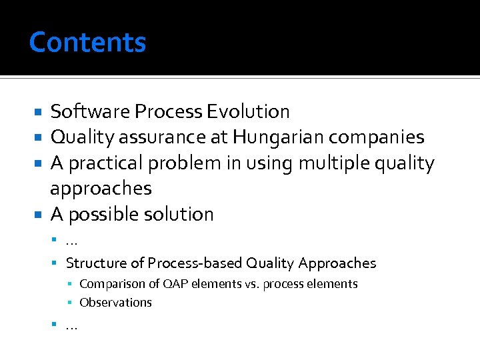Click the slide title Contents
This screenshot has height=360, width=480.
pyautogui.click(x=87, y=43)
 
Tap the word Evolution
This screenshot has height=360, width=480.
pyautogui.click(x=248, y=111)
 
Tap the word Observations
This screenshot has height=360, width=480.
pyautogui.click(x=115, y=303)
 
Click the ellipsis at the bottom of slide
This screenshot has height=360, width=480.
pyautogui.click(x=71, y=326)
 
